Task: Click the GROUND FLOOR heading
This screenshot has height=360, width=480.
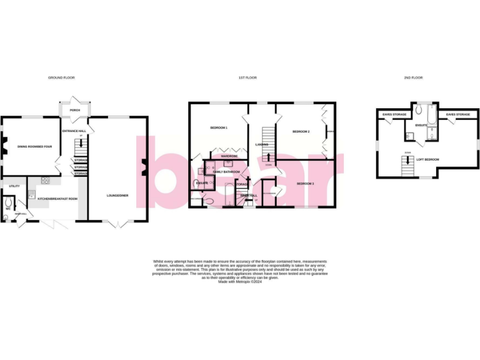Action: pyautogui.click(x=61, y=77)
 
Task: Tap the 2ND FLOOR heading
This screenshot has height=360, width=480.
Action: pyautogui.click(x=412, y=77)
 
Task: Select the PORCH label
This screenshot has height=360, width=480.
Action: pyautogui.click(x=75, y=110)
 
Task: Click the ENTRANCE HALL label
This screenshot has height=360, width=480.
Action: pyautogui.click(x=72, y=131)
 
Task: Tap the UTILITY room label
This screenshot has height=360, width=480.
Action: pyautogui.click(x=14, y=186)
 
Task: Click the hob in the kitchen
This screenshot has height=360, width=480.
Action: pyautogui.click(x=46, y=181)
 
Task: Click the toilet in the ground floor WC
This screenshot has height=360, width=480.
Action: pyautogui.click(x=7, y=203)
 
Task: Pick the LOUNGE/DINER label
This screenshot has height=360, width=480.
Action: pyautogui.click(x=117, y=195)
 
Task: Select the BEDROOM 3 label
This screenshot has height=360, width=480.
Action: pyautogui.click(x=305, y=183)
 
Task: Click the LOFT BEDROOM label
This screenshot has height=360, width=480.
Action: pyautogui.click(x=427, y=160)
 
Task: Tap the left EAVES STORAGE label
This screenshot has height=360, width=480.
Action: pyautogui.click(x=394, y=114)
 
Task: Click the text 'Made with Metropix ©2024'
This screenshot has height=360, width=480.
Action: pyautogui.click(x=239, y=282)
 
